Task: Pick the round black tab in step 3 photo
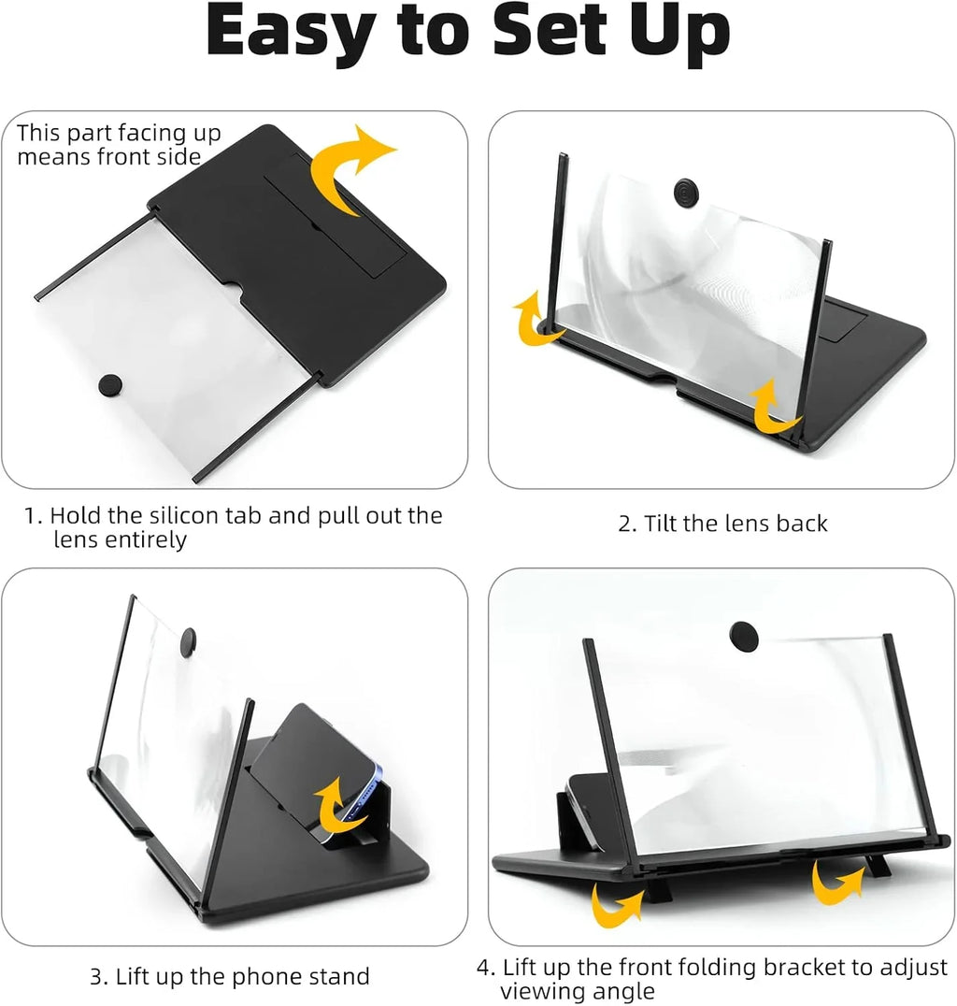coord(187,640)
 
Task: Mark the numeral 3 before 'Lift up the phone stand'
coord(97,978)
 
